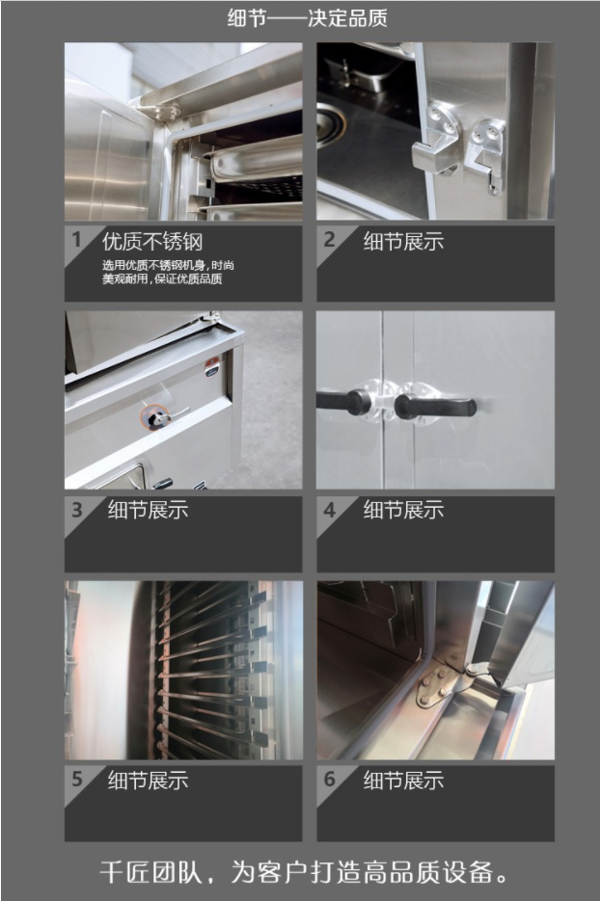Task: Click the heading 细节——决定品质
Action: point(307,17)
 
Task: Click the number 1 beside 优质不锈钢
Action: point(76,239)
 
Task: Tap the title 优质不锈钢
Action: point(152,242)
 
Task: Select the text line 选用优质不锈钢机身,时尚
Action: point(168,265)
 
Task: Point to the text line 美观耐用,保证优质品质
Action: point(162,279)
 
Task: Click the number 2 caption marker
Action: point(329,239)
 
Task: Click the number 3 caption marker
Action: point(77,510)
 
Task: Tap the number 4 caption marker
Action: point(329,510)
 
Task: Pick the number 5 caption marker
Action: point(77,780)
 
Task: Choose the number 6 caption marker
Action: point(329,780)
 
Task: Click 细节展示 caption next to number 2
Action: point(403,241)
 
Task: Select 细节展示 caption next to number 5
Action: point(148,781)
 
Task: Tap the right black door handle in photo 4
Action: point(435,406)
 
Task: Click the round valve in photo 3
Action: point(155,418)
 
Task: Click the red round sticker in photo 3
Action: point(212,366)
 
